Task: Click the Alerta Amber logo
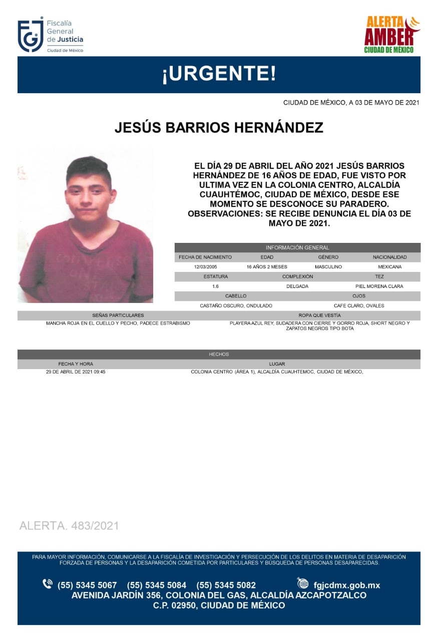[x=391, y=35]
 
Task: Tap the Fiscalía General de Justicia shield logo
[x=30, y=35]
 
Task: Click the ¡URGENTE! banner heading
[x=219, y=75]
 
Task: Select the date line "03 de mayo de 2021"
[x=351, y=103]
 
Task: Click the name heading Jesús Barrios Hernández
[x=219, y=128]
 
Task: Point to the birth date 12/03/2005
[x=205, y=267]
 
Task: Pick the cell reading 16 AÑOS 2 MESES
[x=267, y=267]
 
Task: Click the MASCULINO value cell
[x=328, y=267]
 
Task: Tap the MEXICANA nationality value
[x=389, y=267]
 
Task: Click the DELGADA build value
[x=297, y=286]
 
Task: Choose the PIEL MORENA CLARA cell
[x=379, y=286]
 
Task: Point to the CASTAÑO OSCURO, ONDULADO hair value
[x=236, y=305]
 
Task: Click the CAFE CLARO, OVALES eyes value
[x=359, y=305]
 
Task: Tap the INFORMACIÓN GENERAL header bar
[x=297, y=247]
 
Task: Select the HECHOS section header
[x=219, y=354]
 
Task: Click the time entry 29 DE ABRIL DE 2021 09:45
[x=76, y=372]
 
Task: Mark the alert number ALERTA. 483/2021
[x=69, y=526]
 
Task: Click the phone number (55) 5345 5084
[x=157, y=585]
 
